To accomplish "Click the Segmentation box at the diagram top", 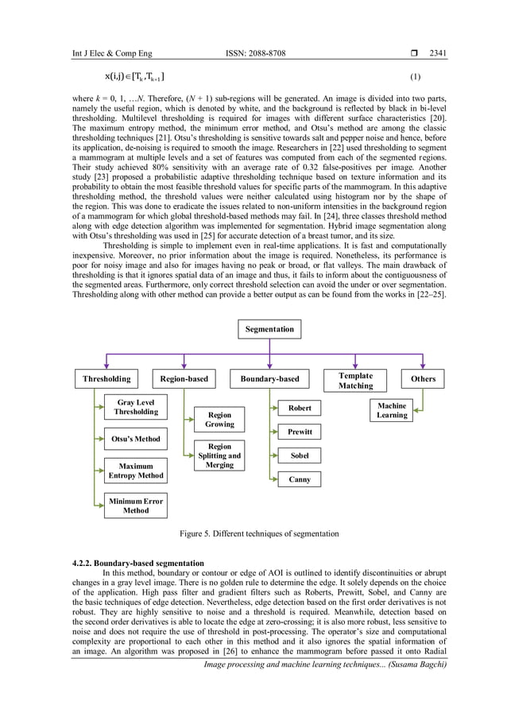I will pyautogui.click(x=269, y=328).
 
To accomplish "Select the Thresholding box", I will pyautogui.click(x=106, y=379).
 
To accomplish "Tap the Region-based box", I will pyautogui.click(x=184, y=379).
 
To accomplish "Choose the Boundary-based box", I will pyautogui.click(x=270, y=379).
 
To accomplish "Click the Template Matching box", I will pyautogui.click(x=355, y=380).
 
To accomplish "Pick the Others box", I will pyautogui.click(x=423, y=379).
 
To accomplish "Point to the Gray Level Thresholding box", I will pyautogui.click(x=136, y=408).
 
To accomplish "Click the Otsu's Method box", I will pyautogui.click(x=135, y=439).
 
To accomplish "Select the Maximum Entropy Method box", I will pyautogui.click(x=135, y=470).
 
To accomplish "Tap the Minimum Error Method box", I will pyautogui.click(x=135, y=506).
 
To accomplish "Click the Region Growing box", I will pyautogui.click(x=219, y=420).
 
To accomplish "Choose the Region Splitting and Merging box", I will pyautogui.click(x=219, y=455).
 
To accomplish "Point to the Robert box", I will pyautogui.click(x=300, y=408).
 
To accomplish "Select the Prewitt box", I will pyautogui.click(x=300, y=432).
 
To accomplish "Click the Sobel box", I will pyautogui.click(x=300, y=455).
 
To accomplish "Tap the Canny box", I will pyautogui.click(x=300, y=479).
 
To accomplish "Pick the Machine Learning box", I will pyautogui.click(x=392, y=410).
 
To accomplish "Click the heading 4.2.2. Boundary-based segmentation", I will pyautogui.click(x=128, y=564).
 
